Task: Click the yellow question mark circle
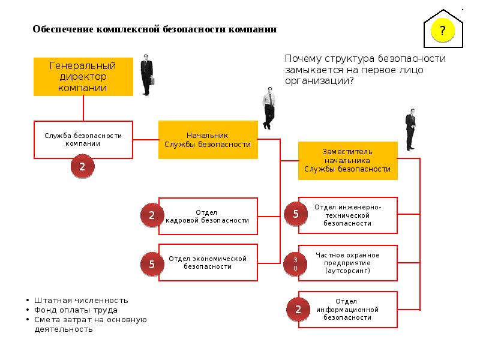coord(442,30)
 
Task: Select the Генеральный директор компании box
coord(83,77)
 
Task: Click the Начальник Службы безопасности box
coord(208,140)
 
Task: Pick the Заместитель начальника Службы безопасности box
coord(348,161)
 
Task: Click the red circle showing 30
coord(295,264)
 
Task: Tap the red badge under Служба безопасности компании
coord(82,166)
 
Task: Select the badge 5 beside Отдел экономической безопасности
coord(152,264)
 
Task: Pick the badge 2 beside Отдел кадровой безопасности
coord(152,215)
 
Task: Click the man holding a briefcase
coord(147,75)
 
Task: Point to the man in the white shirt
coord(268,108)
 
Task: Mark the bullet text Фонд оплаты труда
coord(76,310)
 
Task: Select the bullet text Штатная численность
coord(81,301)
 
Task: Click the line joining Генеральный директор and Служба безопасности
coord(83,109)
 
